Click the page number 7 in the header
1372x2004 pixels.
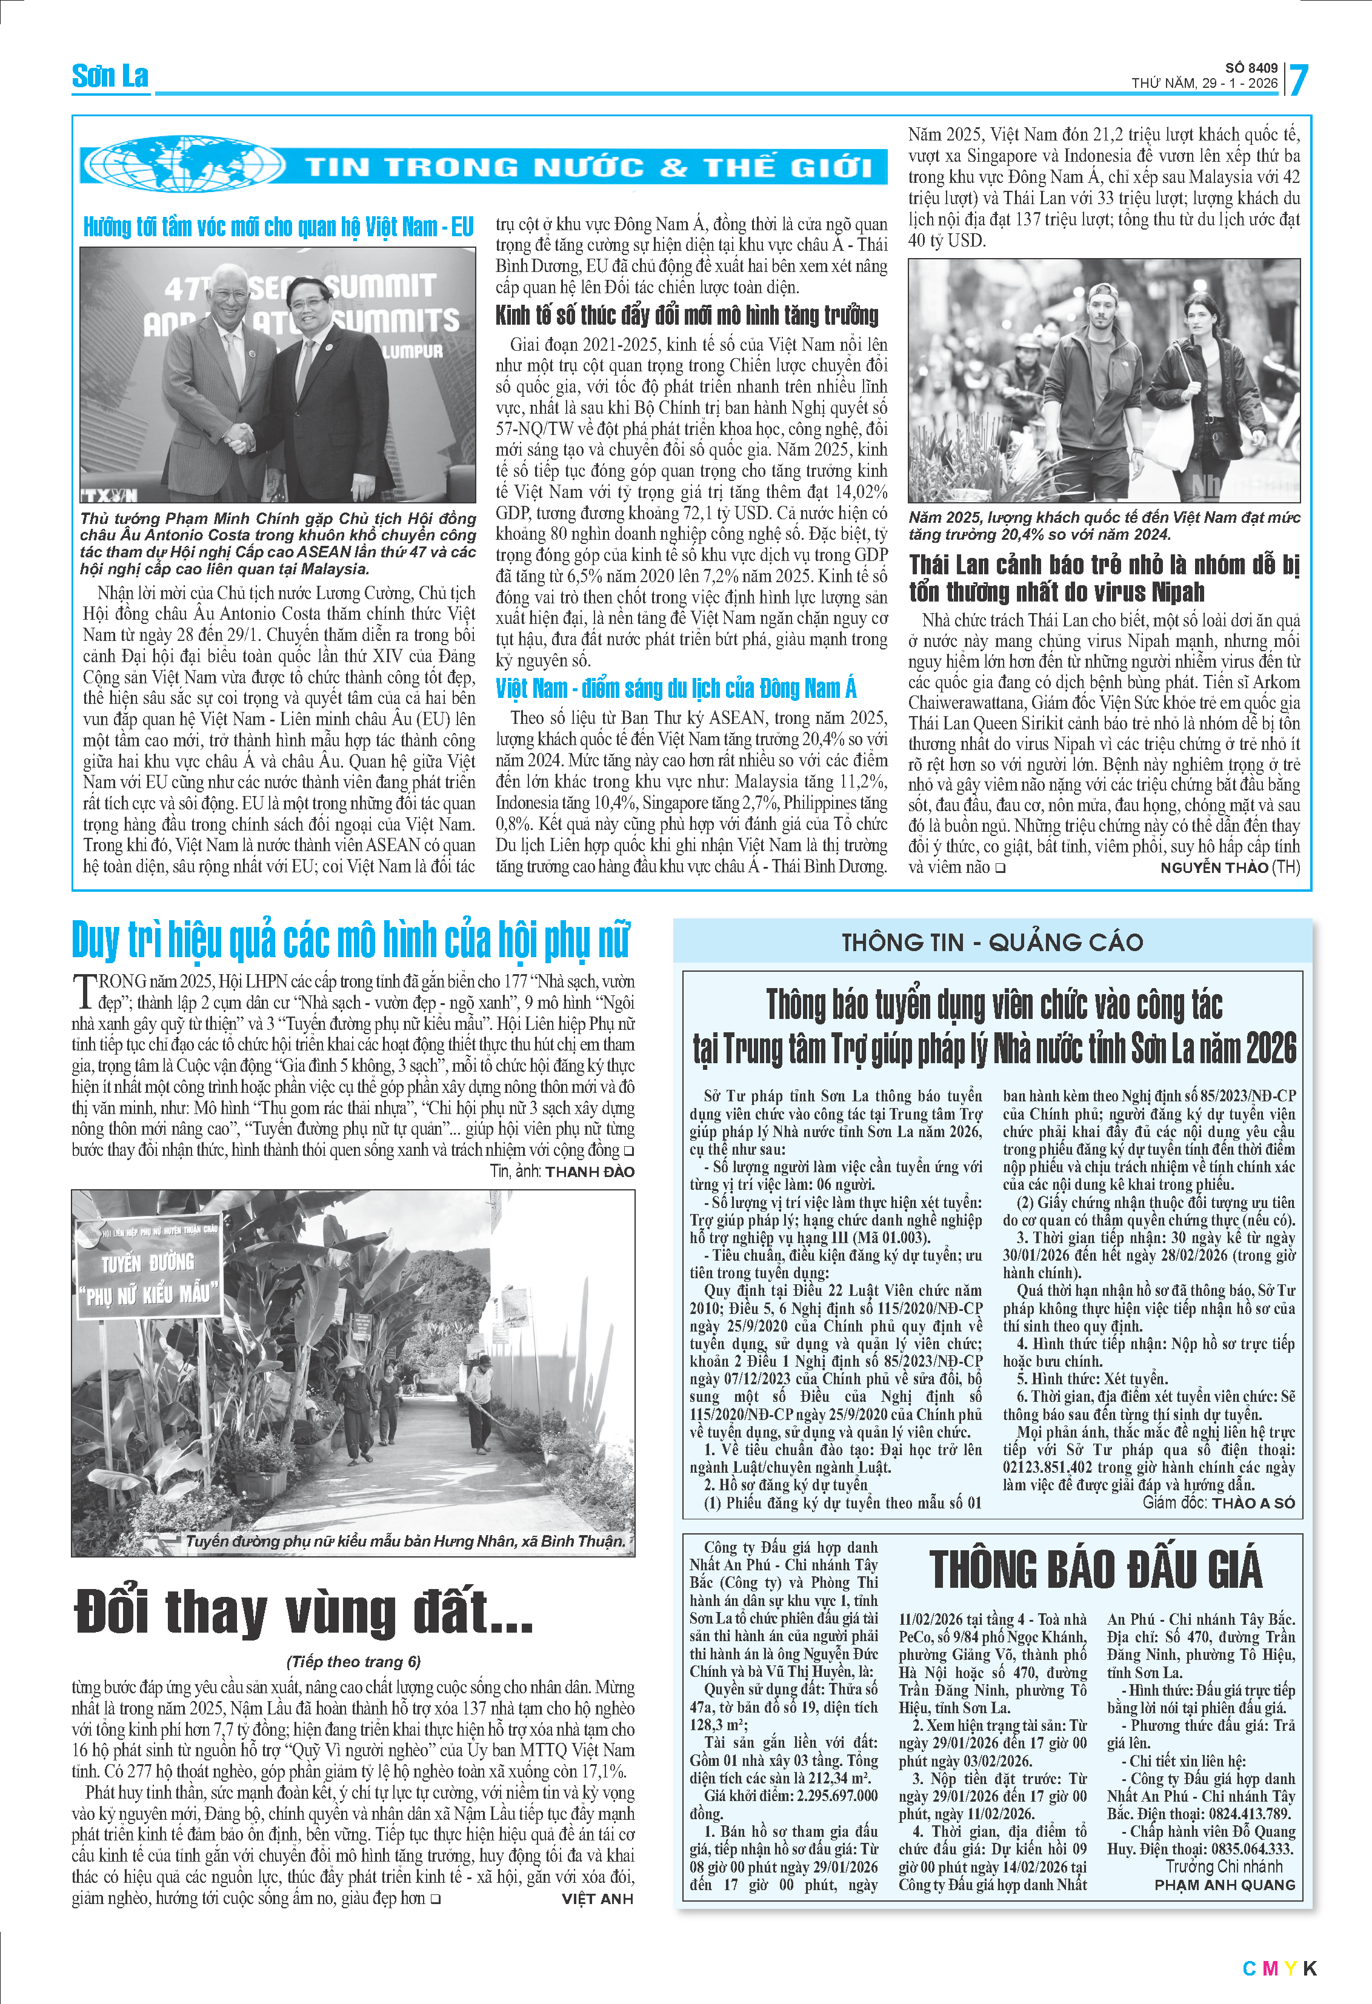(1299, 80)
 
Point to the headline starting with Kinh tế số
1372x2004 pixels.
(687, 316)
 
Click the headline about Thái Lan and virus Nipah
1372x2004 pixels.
(1103, 578)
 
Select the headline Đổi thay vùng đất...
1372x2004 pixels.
(304, 1611)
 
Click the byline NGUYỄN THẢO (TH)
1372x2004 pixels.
(1229, 868)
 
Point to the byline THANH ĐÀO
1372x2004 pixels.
(590, 1172)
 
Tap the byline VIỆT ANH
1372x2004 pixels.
(597, 1898)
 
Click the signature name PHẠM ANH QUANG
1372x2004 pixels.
(1225, 1885)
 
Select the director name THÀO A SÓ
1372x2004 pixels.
(1253, 1502)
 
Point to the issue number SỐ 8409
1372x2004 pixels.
(1251, 68)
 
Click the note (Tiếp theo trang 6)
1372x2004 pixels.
(353, 1662)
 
